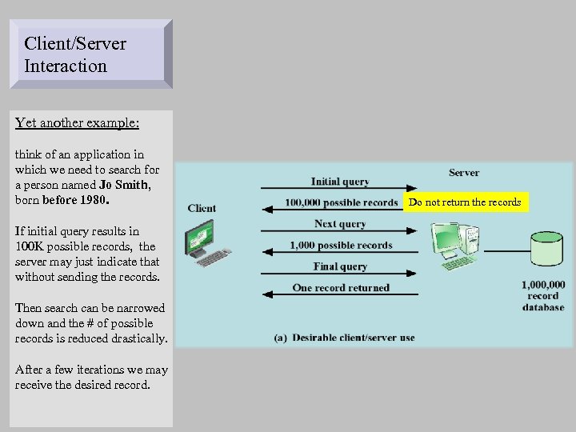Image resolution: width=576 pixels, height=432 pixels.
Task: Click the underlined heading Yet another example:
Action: [77, 123]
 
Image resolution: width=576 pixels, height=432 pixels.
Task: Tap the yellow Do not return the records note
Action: [465, 202]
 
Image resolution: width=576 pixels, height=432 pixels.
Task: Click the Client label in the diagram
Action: [202, 208]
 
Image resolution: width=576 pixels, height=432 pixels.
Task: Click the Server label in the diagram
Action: [464, 173]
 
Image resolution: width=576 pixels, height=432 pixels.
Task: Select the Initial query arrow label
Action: [340, 182]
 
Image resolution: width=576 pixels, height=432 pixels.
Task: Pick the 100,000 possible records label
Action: [342, 202]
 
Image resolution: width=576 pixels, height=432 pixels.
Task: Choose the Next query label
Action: [340, 224]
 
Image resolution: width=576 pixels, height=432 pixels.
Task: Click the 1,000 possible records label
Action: [341, 246]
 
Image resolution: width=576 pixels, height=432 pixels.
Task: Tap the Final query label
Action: [340, 266]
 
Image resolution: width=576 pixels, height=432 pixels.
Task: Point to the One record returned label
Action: [341, 288]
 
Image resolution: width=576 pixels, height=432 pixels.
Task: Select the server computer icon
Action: [455, 244]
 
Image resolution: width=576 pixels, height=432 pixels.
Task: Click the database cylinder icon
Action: [543, 250]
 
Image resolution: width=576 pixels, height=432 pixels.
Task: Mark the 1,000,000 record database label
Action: [543, 295]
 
